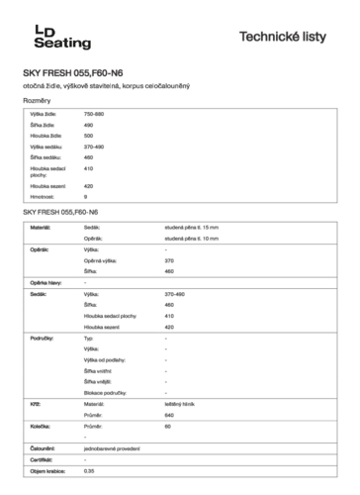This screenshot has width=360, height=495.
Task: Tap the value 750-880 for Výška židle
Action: click(95, 116)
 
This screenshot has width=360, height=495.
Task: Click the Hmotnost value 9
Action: click(86, 197)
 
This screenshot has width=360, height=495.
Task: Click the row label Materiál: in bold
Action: click(41, 228)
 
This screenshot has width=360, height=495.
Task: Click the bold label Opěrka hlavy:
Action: click(45, 283)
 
